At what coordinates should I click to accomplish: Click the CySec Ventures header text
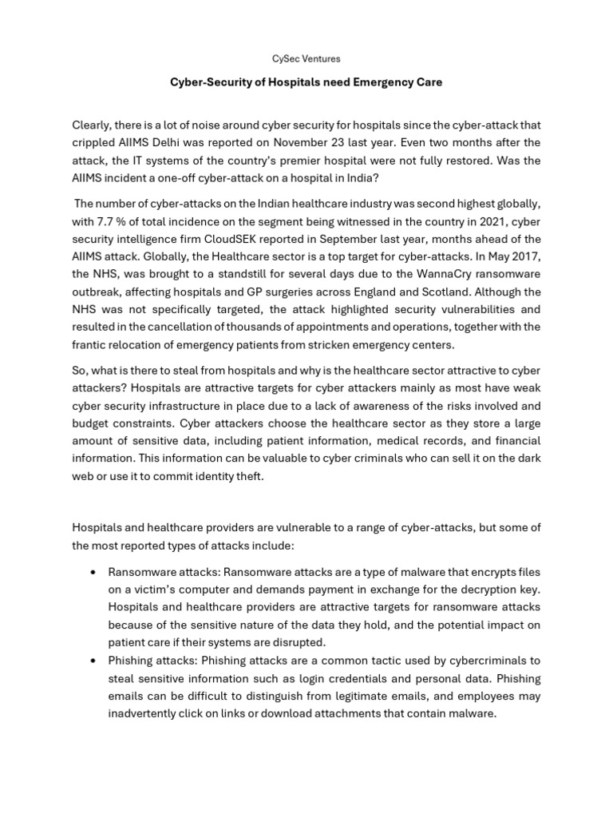306,58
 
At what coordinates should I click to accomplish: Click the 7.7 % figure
112,220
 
